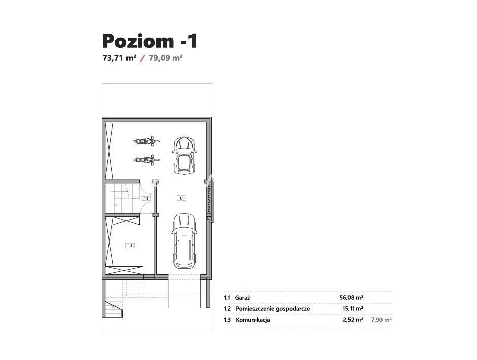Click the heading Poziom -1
tap(150, 41)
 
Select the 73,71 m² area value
tap(119, 58)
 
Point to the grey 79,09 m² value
tap(166, 58)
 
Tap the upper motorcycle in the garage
tap(146, 141)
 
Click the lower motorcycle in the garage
tap(146, 159)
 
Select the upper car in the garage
tap(184, 155)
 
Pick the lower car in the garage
tap(184, 241)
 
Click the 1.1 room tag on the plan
tap(182, 198)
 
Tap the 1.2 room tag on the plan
tap(130, 245)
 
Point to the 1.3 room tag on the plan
tap(146, 198)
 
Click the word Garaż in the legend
tap(243, 298)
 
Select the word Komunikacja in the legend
tap(253, 320)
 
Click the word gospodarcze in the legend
tap(293, 309)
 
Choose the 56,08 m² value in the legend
tap(352, 298)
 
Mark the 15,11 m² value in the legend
tap(353, 308)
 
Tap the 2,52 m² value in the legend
tap(353, 319)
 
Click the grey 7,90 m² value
tap(381, 319)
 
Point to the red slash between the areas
tap(142, 58)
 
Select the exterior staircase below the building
tap(113, 308)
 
